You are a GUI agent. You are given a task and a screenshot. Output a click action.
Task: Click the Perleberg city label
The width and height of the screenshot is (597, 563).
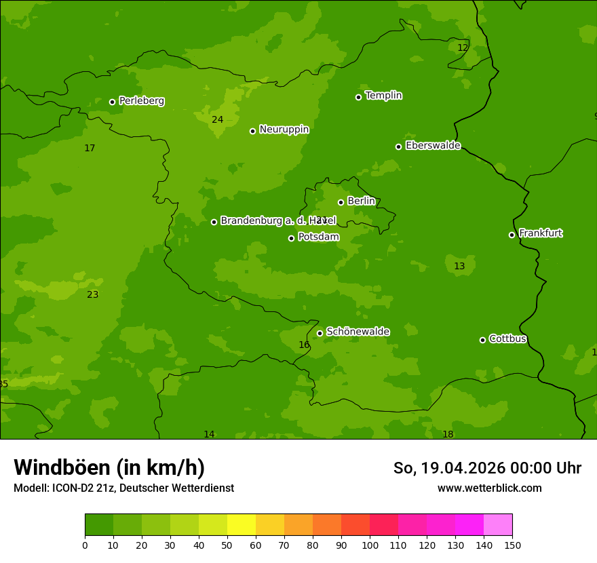coord(141,101)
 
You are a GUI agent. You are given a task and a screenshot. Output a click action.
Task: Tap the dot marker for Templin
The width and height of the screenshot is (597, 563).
coord(358,97)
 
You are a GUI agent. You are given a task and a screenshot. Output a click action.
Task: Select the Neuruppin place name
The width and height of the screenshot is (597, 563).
coord(284,130)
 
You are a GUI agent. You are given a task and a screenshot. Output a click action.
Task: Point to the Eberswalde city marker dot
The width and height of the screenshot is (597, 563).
coord(398,147)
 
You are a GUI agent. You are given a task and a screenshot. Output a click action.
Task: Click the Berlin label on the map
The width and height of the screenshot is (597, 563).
coord(361,201)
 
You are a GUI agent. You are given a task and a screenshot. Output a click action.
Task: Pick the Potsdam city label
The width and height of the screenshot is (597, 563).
coord(318,237)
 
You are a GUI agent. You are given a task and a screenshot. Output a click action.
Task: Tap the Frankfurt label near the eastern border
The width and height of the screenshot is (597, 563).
coord(540,233)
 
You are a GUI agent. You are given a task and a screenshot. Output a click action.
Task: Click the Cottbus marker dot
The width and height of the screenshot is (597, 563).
coord(482,340)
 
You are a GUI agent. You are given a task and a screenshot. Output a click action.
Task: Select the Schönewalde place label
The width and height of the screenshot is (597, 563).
coord(358,332)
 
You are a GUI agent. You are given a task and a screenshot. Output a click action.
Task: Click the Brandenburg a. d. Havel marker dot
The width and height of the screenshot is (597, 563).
coord(214,222)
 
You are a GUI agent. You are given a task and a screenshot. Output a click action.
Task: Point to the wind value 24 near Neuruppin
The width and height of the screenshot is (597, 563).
coord(217,120)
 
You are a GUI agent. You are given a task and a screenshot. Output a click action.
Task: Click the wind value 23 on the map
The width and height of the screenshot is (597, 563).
coord(92,295)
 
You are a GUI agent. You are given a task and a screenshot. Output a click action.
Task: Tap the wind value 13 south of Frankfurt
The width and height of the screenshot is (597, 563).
coord(459,267)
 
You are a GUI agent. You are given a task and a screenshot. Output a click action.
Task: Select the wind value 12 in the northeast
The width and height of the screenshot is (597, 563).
coord(463,48)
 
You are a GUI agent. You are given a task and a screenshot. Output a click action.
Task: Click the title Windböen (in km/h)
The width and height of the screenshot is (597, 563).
coord(109,467)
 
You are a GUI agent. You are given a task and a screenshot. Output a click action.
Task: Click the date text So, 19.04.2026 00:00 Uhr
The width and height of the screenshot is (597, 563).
coord(487,468)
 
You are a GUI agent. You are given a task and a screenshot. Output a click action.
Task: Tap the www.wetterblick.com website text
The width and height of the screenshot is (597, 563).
coord(489,488)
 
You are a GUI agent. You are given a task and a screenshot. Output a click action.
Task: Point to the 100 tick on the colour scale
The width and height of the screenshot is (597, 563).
coord(370,545)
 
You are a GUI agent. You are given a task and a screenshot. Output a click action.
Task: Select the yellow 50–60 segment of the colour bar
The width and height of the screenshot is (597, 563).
coord(242,524)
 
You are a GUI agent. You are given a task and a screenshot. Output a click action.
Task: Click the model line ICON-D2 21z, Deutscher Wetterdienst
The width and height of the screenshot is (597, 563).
coord(123,488)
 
